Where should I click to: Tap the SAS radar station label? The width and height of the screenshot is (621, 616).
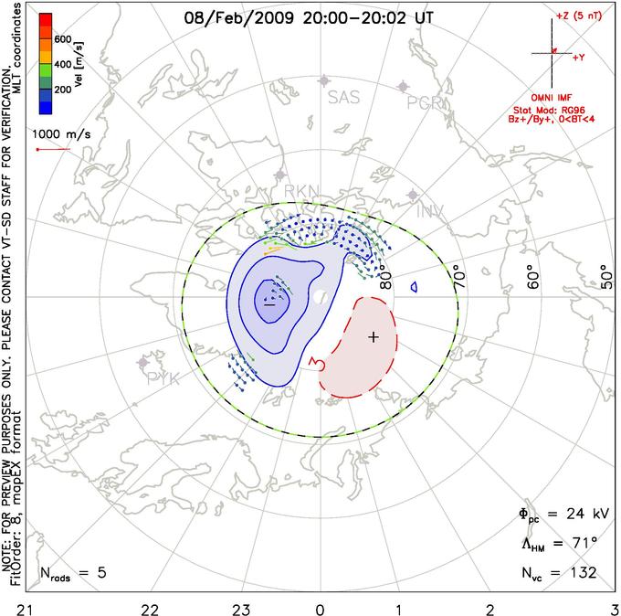[343, 97]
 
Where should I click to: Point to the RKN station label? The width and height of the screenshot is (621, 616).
[302, 190]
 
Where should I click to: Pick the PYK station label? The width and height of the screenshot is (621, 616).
[163, 377]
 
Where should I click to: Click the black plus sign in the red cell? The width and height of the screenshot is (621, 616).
[373, 337]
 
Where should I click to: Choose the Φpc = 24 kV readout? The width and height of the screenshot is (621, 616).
[557, 515]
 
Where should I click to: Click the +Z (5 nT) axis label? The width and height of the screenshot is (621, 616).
[576, 16]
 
